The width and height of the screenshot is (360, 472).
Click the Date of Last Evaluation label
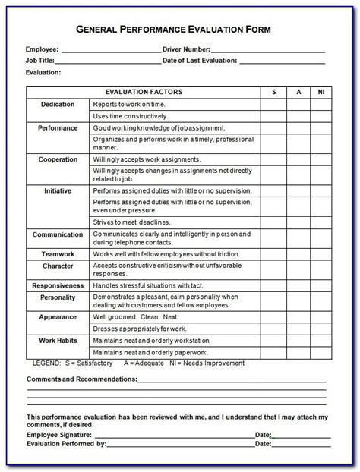pyautogui.click(x=201, y=61)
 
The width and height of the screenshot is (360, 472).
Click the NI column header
pyautogui.click(x=322, y=92)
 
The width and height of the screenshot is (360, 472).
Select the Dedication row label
pyautogui.click(x=58, y=104)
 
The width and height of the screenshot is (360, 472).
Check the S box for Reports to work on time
pyautogui.click(x=273, y=104)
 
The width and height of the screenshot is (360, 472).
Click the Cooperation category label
pyautogui.click(x=58, y=159)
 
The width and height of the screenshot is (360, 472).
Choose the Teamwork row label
pyautogui.click(x=58, y=253)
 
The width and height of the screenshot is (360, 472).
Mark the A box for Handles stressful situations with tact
pyautogui.click(x=298, y=284)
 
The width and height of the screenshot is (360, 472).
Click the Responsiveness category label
pyautogui.click(x=58, y=284)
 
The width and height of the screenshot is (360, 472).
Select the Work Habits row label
pyautogui.click(x=58, y=341)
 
